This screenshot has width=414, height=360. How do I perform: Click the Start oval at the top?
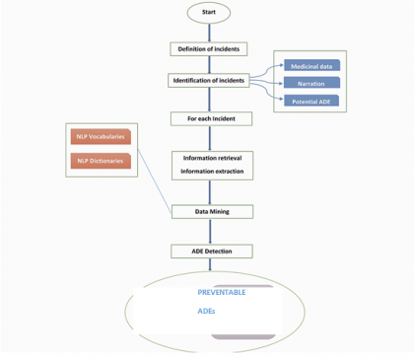pos(208,13)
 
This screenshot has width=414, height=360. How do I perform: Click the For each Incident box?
pos(211,118)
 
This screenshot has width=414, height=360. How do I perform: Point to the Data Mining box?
pos(212,211)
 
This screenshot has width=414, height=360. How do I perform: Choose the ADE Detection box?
pos(211,251)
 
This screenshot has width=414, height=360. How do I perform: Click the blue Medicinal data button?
pos(310,66)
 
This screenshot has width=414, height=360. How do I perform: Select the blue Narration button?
pos(310,83)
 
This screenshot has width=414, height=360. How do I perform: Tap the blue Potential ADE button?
pos(310,101)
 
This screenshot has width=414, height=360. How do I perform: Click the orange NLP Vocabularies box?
pos(102,136)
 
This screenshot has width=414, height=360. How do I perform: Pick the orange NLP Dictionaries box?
pos(102,161)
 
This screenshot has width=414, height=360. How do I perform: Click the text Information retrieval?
pos(211,158)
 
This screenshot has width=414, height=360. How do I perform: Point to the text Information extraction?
pos(211,173)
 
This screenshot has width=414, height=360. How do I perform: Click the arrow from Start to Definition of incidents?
pos(208,32)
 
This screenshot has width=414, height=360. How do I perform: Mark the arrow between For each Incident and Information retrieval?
pos(211,137)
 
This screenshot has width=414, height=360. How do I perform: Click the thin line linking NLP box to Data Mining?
pos(154,178)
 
